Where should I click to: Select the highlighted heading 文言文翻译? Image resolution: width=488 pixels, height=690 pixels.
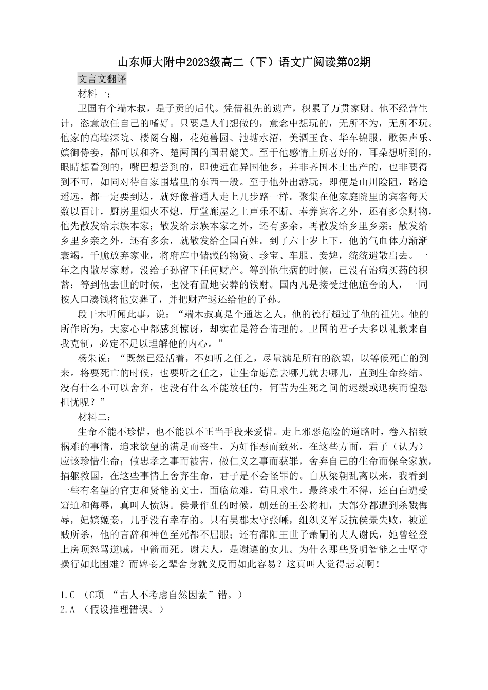tap(102, 79)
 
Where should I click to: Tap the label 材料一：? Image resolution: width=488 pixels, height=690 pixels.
tap(93, 94)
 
